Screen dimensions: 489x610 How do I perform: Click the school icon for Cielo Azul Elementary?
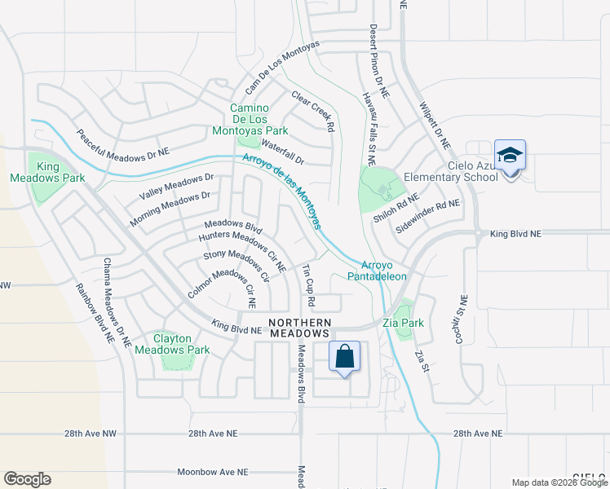point(510,156)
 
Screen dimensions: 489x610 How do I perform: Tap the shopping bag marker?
point(345,357)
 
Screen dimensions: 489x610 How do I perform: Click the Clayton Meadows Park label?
point(183,344)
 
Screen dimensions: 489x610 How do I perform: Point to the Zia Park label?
point(404,323)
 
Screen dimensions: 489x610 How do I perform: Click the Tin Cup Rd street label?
point(308,285)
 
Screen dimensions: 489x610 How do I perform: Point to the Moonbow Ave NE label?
point(213,472)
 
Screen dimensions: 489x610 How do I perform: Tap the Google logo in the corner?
point(27,478)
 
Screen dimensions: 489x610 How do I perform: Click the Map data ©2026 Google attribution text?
point(559,482)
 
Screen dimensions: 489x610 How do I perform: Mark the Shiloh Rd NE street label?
point(396,209)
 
